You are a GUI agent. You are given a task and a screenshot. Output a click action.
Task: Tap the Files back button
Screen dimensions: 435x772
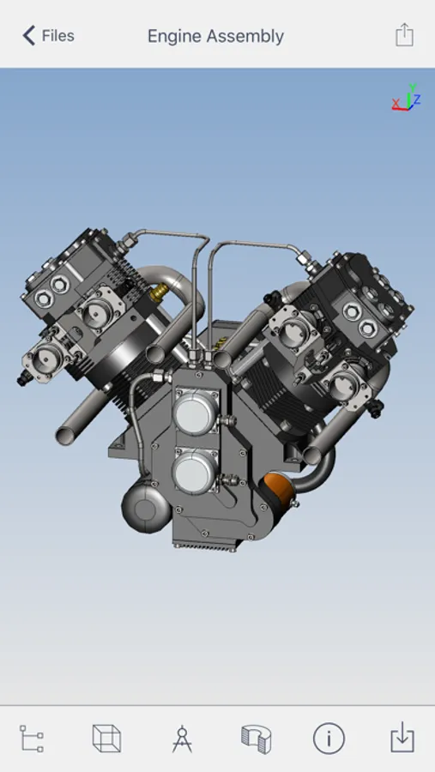click(48, 36)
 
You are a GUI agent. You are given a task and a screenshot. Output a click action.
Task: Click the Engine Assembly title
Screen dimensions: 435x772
click(215, 36)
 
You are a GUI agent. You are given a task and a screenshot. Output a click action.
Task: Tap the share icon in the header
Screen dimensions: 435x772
click(404, 35)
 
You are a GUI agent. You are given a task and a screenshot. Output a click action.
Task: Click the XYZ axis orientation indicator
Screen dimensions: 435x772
click(407, 97)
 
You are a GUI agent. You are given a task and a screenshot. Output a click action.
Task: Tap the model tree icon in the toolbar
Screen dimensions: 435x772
click(32, 738)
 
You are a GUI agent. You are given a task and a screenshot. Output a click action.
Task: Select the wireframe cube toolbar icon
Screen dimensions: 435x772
click(106, 738)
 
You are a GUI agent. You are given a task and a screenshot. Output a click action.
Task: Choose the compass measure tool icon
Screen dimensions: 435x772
click(182, 738)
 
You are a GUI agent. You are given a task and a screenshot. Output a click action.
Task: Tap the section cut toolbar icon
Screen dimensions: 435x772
click(257, 739)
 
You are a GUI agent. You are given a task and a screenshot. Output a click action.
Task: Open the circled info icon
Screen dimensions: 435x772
click(329, 738)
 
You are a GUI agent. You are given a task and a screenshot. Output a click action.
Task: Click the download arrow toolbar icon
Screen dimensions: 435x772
click(402, 738)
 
